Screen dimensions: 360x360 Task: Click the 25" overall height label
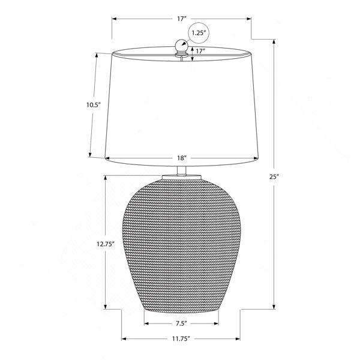coord(274,177)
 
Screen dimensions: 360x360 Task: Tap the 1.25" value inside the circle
coord(198,33)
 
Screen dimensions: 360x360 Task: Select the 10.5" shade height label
coord(94,105)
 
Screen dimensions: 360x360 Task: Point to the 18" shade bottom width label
coord(181,158)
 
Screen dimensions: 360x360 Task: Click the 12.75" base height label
coord(106,244)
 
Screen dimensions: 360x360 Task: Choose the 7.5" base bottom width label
coord(181,324)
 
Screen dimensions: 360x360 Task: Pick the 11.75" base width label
coord(181,338)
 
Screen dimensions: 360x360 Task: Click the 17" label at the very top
coord(181,19)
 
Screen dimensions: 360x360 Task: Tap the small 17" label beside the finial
coord(200,51)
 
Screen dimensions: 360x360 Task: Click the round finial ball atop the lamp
coord(181,46)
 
